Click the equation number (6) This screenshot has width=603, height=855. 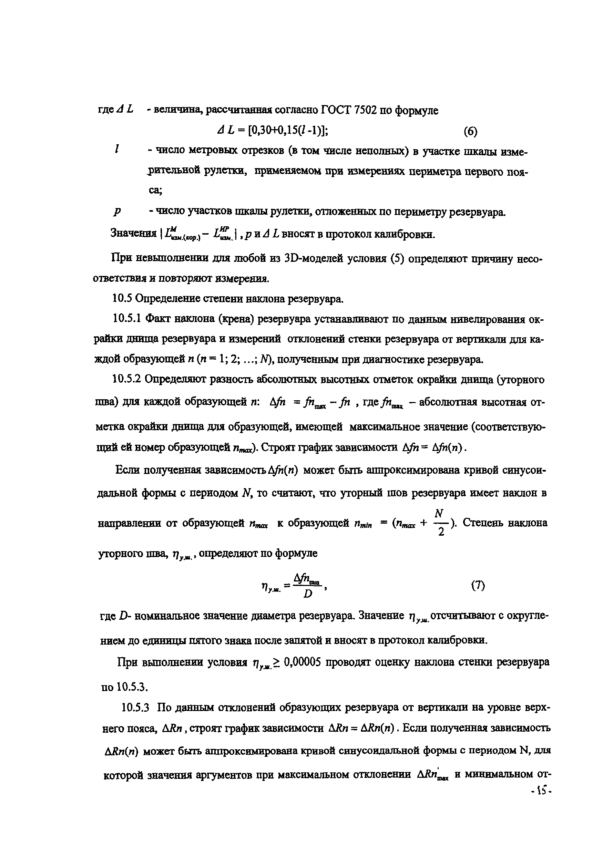click(x=470, y=132)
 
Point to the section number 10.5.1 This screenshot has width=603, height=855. click(x=127, y=319)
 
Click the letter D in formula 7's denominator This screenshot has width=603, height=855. click(x=308, y=594)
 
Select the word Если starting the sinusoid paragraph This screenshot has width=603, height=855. click(x=128, y=470)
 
